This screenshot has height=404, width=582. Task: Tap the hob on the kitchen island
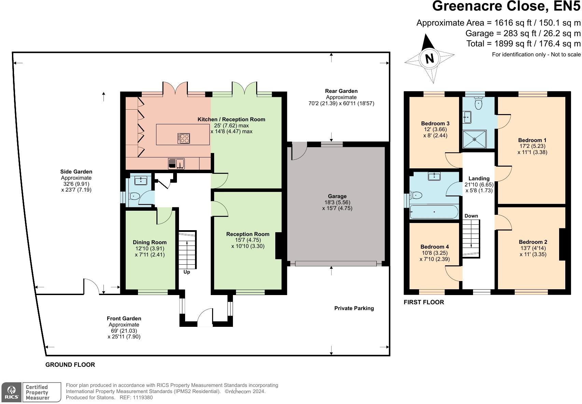[x=184, y=138]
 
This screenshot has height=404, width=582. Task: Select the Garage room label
[x=337, y=196]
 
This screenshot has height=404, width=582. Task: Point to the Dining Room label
[x=150, y=242]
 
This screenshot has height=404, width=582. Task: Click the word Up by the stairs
[x=186, y=272]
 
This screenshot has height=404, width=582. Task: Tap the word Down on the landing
[x=471, y=216]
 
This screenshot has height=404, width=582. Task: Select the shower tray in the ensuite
[x=474, y=139]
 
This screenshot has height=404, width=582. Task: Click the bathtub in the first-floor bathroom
[x=434, y=212]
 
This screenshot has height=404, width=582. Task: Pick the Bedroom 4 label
[x=434, y=247]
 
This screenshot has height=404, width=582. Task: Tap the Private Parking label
[x=354, y=308]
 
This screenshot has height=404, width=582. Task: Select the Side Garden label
[x=76, y=172]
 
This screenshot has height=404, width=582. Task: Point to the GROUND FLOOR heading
[x=70, y=365]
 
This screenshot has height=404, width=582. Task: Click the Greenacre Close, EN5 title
[x=506, y=6]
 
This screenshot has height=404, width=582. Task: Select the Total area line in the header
[x=523, y=44]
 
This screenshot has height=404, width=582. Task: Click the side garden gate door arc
[x=92, y=285]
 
